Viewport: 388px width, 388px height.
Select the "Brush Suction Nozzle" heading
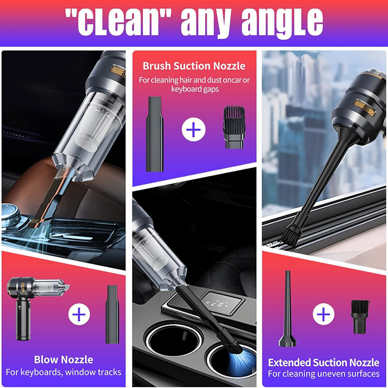coord(194,66)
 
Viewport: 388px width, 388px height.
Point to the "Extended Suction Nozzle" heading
coord(324,362)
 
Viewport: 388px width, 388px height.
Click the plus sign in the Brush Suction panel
coord(194,129)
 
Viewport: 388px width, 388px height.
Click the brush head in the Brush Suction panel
coord(233,127)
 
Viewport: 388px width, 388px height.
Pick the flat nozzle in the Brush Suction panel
coord(155,133)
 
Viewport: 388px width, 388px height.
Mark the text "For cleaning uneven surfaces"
coord(324,374)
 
